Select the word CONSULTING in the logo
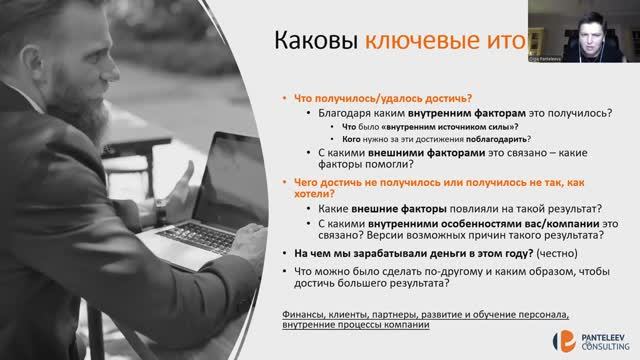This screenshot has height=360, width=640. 602,346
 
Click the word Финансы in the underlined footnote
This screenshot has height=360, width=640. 304,314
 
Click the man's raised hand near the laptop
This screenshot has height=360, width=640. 180,180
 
